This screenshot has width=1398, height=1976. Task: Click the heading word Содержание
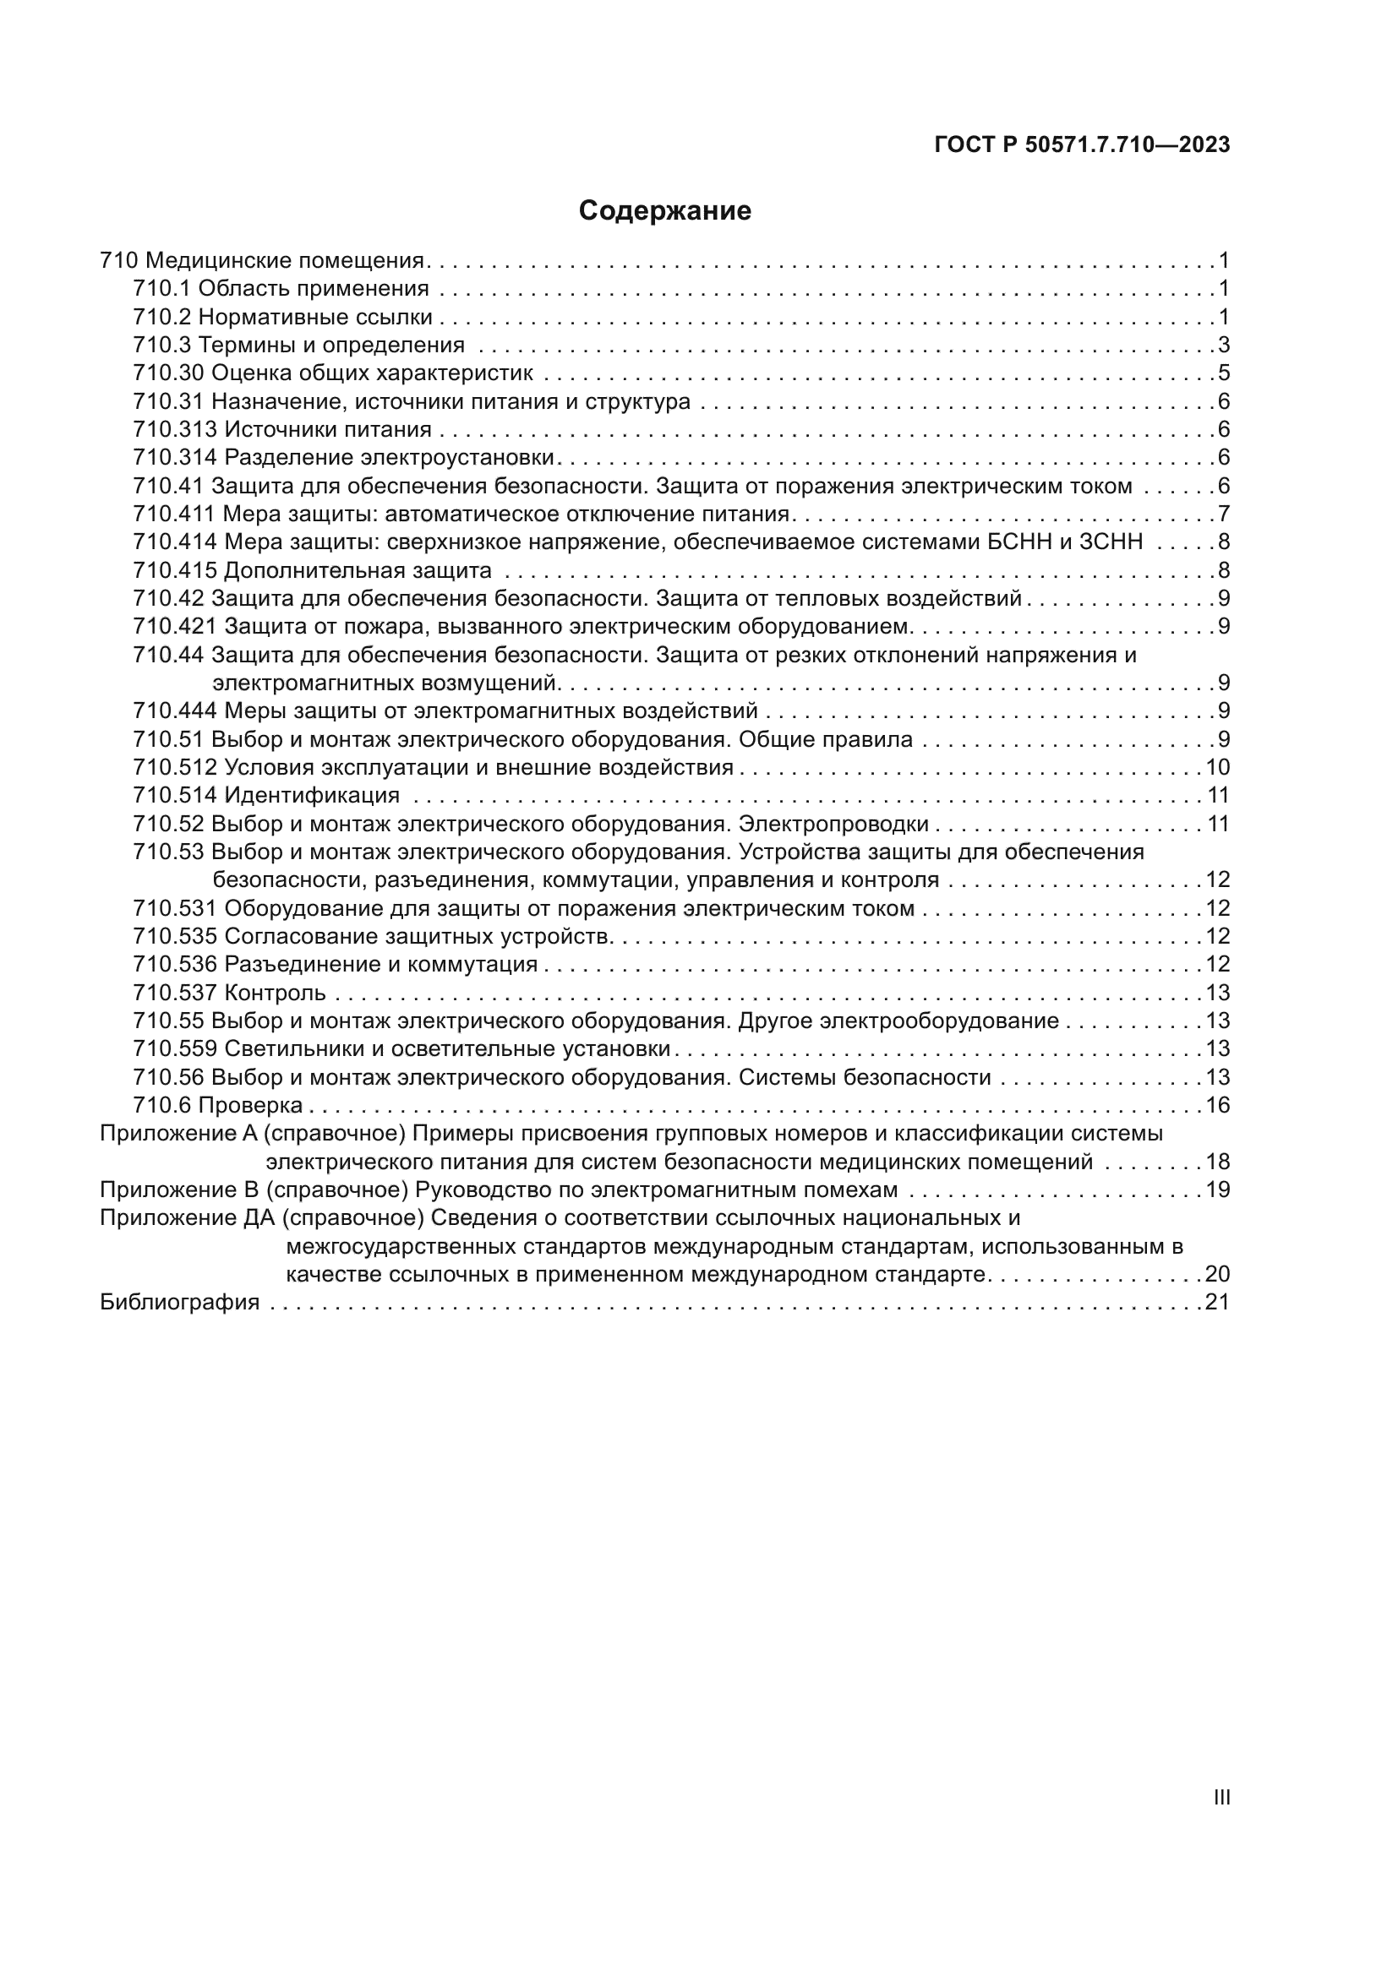[x=664, y=211]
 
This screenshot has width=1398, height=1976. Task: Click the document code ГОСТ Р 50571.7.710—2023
[x=1081, y=144]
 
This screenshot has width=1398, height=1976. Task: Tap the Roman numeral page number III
[x=1221, y=1797]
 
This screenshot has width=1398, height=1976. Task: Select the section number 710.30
[x=169, y=373]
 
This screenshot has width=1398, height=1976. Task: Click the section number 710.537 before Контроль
[x=175, y=993]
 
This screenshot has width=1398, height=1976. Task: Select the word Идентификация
[x=312, y=795]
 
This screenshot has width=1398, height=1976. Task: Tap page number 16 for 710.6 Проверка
[x=1217, y=1105]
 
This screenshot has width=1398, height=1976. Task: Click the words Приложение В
[x=179, y=1190]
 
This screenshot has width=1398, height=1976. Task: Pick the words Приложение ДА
[x=186, y=1219]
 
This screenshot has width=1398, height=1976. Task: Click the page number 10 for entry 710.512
[x=1217, y=768]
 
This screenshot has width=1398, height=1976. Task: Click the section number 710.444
[x=175, y=710]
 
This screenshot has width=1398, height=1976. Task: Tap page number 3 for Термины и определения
[x=1223, y=346]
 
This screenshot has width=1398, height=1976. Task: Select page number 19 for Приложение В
[x=1217, y=1190]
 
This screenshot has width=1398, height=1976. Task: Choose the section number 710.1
[x=161, y=289]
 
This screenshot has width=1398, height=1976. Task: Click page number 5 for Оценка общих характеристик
[x=1223, y=373]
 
